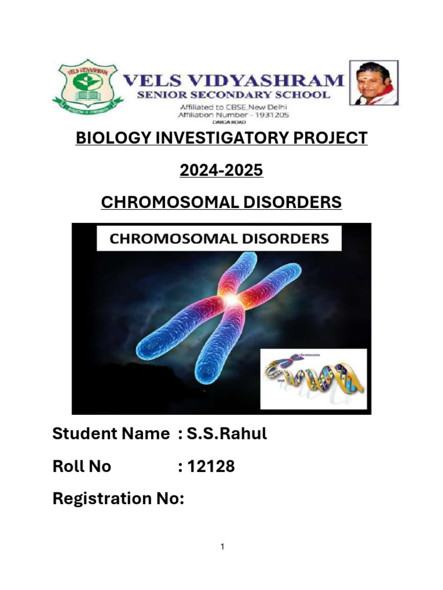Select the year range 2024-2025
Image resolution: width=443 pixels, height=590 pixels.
tap(221, 171)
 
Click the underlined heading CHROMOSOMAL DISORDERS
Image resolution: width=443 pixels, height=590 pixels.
tap(221, 203)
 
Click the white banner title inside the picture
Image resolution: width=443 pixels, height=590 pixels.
tap(219, 239)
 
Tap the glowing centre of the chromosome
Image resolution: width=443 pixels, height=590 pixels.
tap(231, 300)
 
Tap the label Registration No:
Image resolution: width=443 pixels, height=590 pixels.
tap(118, 498)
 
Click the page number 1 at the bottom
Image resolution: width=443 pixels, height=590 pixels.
tap(221, 547)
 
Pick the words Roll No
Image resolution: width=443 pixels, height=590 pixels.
tap(81, 466)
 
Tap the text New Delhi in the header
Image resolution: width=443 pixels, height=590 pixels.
tap(268, 107)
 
